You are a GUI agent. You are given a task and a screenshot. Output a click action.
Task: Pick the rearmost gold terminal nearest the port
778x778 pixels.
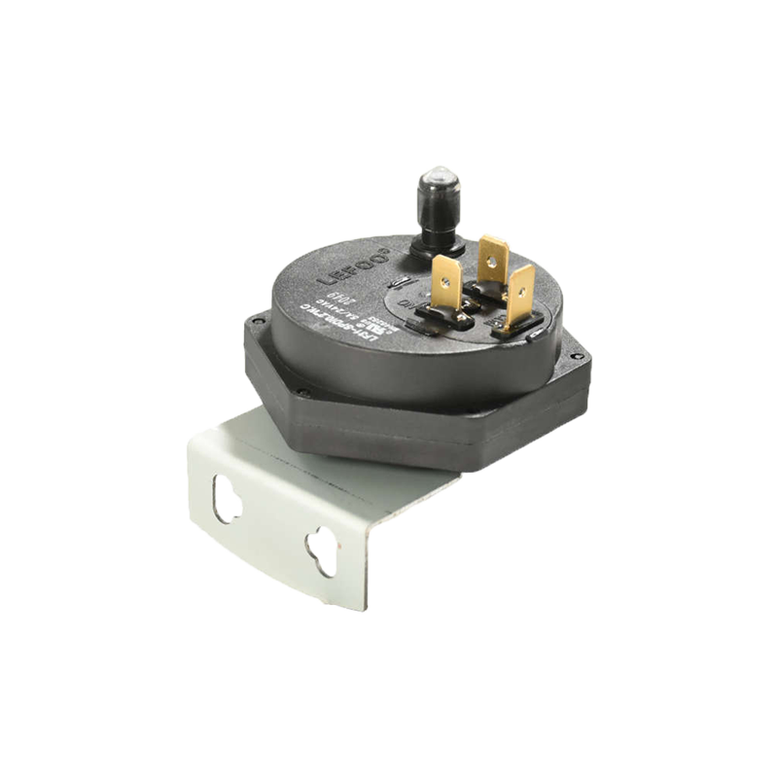[493, 258]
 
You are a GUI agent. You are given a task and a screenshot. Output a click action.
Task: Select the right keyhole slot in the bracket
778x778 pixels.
[320, 549]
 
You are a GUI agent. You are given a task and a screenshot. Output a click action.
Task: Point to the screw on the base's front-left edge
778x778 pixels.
[304, 393]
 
